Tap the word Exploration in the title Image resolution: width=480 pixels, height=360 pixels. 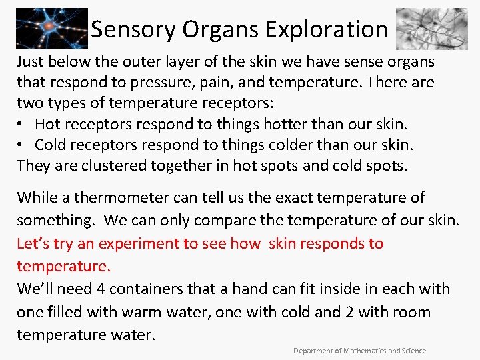(326, 29)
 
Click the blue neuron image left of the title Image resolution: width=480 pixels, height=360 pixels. (51, 29)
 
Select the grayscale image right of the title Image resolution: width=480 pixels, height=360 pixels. (431, 29)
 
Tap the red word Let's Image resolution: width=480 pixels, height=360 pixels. (33, 243)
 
